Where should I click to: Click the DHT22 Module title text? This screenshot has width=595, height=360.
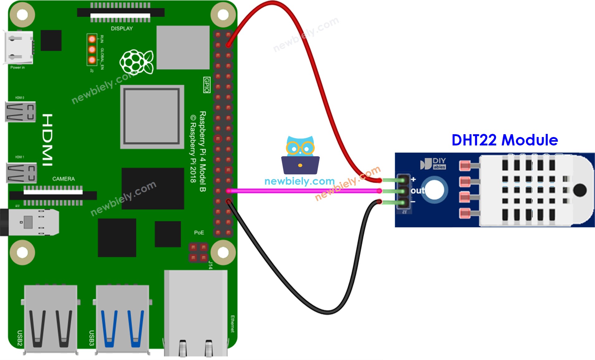click(504, 140)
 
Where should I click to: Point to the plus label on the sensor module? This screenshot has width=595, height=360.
click(413, 179)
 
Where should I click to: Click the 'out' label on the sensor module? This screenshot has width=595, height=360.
click(418, 190)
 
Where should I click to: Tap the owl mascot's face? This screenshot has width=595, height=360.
click(300, 148)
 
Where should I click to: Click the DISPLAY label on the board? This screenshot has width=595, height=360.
click(122, 29)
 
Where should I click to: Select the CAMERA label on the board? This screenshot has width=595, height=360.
click(64, 179)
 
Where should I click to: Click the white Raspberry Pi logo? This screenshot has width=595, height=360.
click(137, 62)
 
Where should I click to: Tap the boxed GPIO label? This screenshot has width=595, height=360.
click(207, 85)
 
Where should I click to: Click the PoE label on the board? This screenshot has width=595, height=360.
click(199, 233)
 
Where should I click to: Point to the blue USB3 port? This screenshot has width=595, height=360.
click(122, 319)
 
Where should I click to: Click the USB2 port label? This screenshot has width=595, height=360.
click(19, 338)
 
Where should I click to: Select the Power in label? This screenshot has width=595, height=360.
click(17, 68)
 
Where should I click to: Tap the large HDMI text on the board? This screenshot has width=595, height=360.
click(47, 140)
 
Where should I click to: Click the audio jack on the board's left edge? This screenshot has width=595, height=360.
click(30, 222)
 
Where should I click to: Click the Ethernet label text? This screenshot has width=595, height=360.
click(232, 324)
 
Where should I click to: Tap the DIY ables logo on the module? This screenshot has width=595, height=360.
click(433, 163)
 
